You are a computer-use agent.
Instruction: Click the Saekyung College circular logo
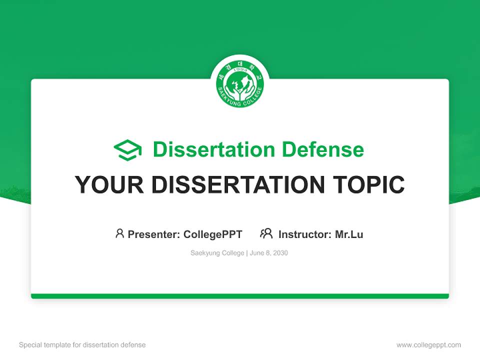pos(240,83)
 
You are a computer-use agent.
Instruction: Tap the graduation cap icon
pos(127,150)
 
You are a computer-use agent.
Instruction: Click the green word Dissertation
pos(213,149)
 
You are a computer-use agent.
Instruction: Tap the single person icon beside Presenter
pos(119,233)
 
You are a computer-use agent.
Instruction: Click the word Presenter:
pos(154,234)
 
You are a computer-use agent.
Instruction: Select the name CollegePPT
pos(213,234)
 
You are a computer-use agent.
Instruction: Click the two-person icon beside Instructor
pos(266,233)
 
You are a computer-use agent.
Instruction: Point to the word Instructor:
pos(305,234)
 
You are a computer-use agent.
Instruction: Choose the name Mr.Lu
pos(349,234)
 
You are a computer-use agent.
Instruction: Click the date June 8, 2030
pos(268,253)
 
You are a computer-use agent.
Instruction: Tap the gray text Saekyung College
pos(217,253)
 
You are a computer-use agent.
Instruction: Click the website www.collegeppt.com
pos(428,345)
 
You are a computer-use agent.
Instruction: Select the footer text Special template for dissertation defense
pos(82,345)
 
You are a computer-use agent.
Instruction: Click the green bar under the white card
pos(240,296)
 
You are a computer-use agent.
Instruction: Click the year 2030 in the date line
pos(280,253)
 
